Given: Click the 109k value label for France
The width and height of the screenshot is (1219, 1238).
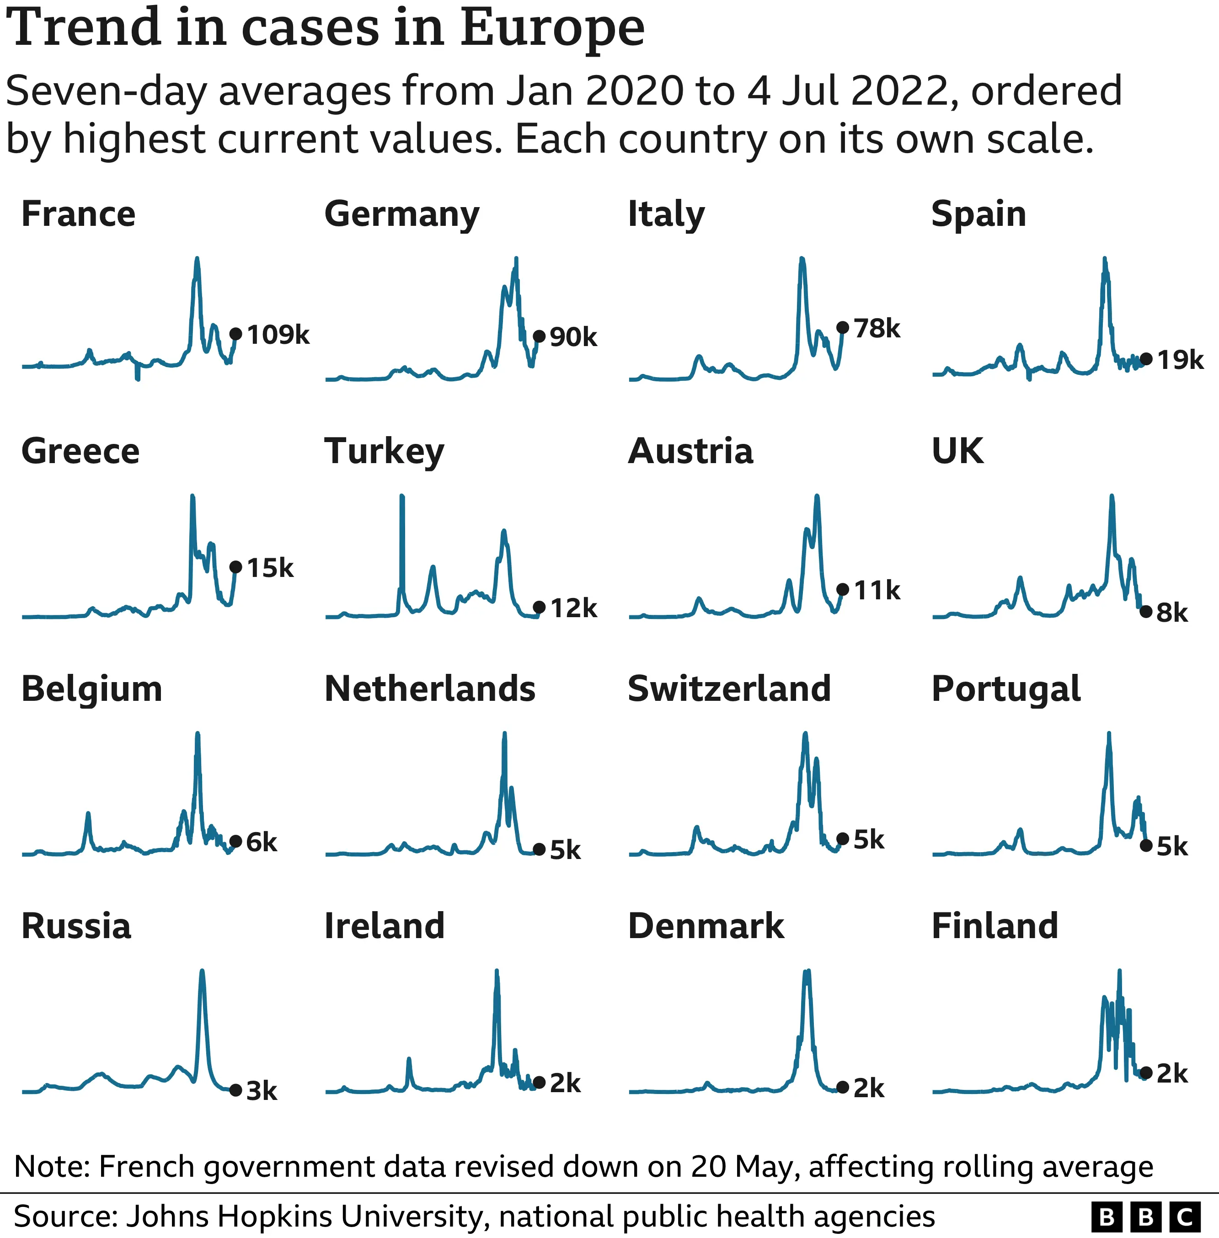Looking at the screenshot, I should coord(278,335).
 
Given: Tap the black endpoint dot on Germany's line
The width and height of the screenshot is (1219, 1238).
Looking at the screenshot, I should coord(539,336).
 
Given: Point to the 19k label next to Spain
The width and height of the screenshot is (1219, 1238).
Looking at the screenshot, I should coord(1180,360).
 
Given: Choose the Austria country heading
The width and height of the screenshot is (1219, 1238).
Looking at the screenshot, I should coord(690,451).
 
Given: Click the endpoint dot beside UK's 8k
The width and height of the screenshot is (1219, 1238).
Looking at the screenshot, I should coord(1146,611).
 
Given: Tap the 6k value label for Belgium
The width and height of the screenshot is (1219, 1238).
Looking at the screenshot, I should coord(261,843).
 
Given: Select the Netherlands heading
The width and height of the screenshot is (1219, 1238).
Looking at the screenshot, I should coord(430,689).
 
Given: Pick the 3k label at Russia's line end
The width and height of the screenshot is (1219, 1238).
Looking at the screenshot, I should coord(261,1091).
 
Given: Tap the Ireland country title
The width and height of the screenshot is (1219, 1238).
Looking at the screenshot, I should coord(384,926).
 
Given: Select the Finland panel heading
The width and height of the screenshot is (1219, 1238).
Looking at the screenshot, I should coord(994,926).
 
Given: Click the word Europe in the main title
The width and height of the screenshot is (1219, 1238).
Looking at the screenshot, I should coord(552,29).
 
